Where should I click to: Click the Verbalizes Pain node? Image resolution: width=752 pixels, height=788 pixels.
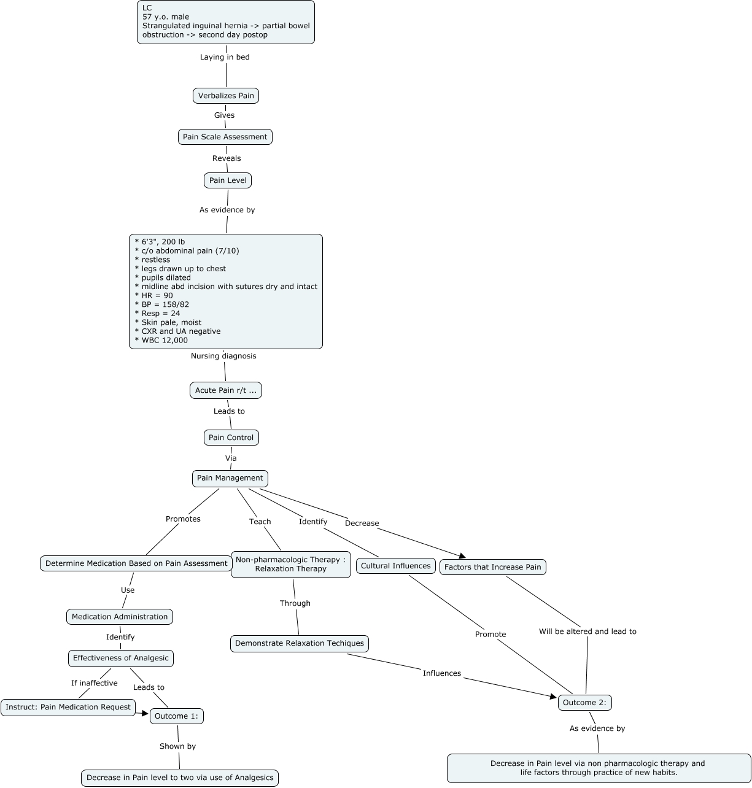pyautogui.click(x=226, y=96)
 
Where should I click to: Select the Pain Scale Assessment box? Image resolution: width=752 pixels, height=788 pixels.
pyautogui.click(x=225, y=137)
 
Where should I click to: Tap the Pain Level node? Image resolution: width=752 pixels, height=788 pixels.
pyautogui.click(x=228, y=180)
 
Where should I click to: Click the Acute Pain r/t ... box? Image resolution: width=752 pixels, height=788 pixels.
pyautogui.click(x=226, y=390)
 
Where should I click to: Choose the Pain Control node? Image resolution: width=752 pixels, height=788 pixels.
pyautogui.click(x=231, y=438)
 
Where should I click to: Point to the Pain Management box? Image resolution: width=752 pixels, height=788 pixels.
pyautogui.click(x=230, y=478)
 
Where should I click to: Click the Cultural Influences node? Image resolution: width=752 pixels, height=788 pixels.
pyautogui.click(x=396, y=566)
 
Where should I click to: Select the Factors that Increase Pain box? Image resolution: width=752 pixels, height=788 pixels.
pyautogui.click(x=493, y=567)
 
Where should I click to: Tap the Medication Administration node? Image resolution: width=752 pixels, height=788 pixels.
pyautogui.click(x=120, y=617)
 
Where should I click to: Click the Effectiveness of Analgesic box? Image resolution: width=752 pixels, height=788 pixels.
pyautogui.click(x=121, y=658)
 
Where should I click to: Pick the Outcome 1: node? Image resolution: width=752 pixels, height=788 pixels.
pyautogui.click(x=177, y=716)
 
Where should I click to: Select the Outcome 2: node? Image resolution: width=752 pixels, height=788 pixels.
pyautogui.click(x=585, y=703)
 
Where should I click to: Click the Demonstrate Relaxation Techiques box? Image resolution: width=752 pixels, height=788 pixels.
pyautogui.click(x=300, y=643)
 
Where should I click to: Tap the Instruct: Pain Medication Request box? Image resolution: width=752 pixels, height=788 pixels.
pyautogui.click(x=68, y=707)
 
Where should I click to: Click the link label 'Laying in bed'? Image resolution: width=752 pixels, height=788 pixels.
pyautogui.click(x=225, y=57)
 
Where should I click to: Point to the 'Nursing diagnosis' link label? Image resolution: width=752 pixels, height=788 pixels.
pyautogui.click(x=223, y=356)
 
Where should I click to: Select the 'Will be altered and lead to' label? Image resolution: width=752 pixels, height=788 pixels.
pyautogui.click(x=587, y=632)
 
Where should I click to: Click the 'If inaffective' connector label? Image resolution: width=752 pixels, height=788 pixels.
pyautogui.click(x=94, y=683)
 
